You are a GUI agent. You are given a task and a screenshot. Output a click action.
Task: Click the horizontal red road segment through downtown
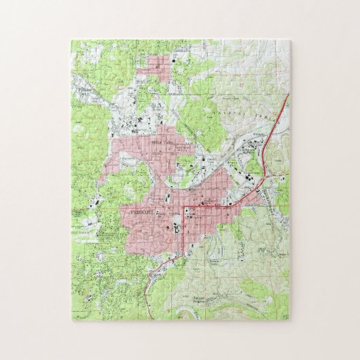click(x=217, y=204)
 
